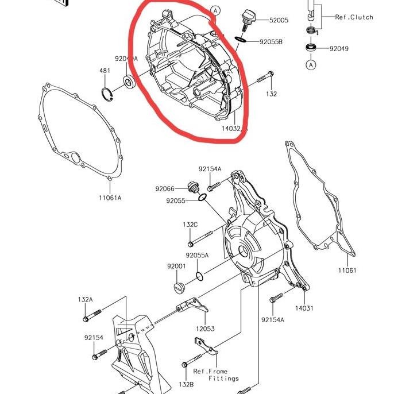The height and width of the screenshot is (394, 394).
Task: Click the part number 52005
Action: (279, 20)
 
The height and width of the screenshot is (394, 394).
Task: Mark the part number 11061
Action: (347, 270)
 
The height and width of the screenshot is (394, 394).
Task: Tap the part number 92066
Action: (164, 188)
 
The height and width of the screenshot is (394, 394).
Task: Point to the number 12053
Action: (205, 329)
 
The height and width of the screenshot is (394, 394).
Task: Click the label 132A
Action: (85, 299)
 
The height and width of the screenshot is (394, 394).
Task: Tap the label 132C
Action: (190, 224)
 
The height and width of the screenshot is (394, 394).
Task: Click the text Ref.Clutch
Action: (354, 17)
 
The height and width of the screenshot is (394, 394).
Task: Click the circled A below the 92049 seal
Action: (311, 65)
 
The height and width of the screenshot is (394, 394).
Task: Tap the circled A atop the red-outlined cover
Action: (215, 10)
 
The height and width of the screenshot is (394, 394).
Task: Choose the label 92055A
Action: (197, 255)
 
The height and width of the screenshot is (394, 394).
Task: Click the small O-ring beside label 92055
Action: (202, 198)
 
